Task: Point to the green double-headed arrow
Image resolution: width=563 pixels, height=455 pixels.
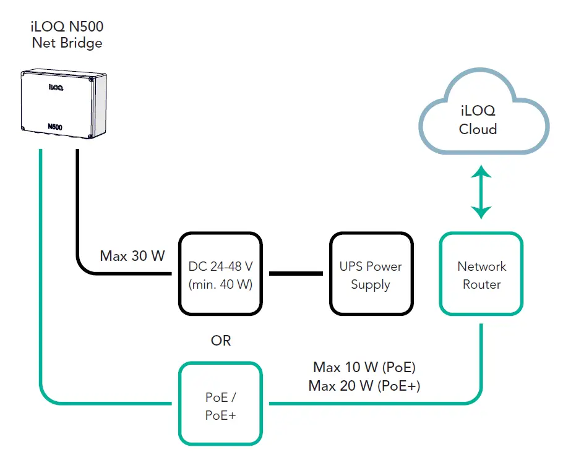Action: click(x=481, y=193)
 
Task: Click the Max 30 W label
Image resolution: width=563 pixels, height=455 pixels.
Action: click(x=132, y=255)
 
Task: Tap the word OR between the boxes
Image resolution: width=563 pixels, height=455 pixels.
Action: click(x=221, y=341)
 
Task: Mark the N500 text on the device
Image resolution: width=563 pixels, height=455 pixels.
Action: click(x=55, y=127)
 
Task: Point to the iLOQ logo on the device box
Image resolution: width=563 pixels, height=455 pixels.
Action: click(x=56, y=88)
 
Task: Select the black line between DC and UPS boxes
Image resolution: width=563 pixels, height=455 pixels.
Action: click(x=296, y=273)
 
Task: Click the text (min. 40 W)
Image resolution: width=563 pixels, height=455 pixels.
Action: click(x=221, y=284)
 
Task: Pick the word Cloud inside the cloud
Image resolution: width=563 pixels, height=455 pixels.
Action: click(x=478, y=129)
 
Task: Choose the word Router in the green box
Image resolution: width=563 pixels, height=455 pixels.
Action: click(x=481, y=284)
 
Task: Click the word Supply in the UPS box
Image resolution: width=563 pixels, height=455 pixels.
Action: click(x=371, y=284)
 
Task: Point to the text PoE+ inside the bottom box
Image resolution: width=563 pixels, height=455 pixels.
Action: click(x=220, y=415)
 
